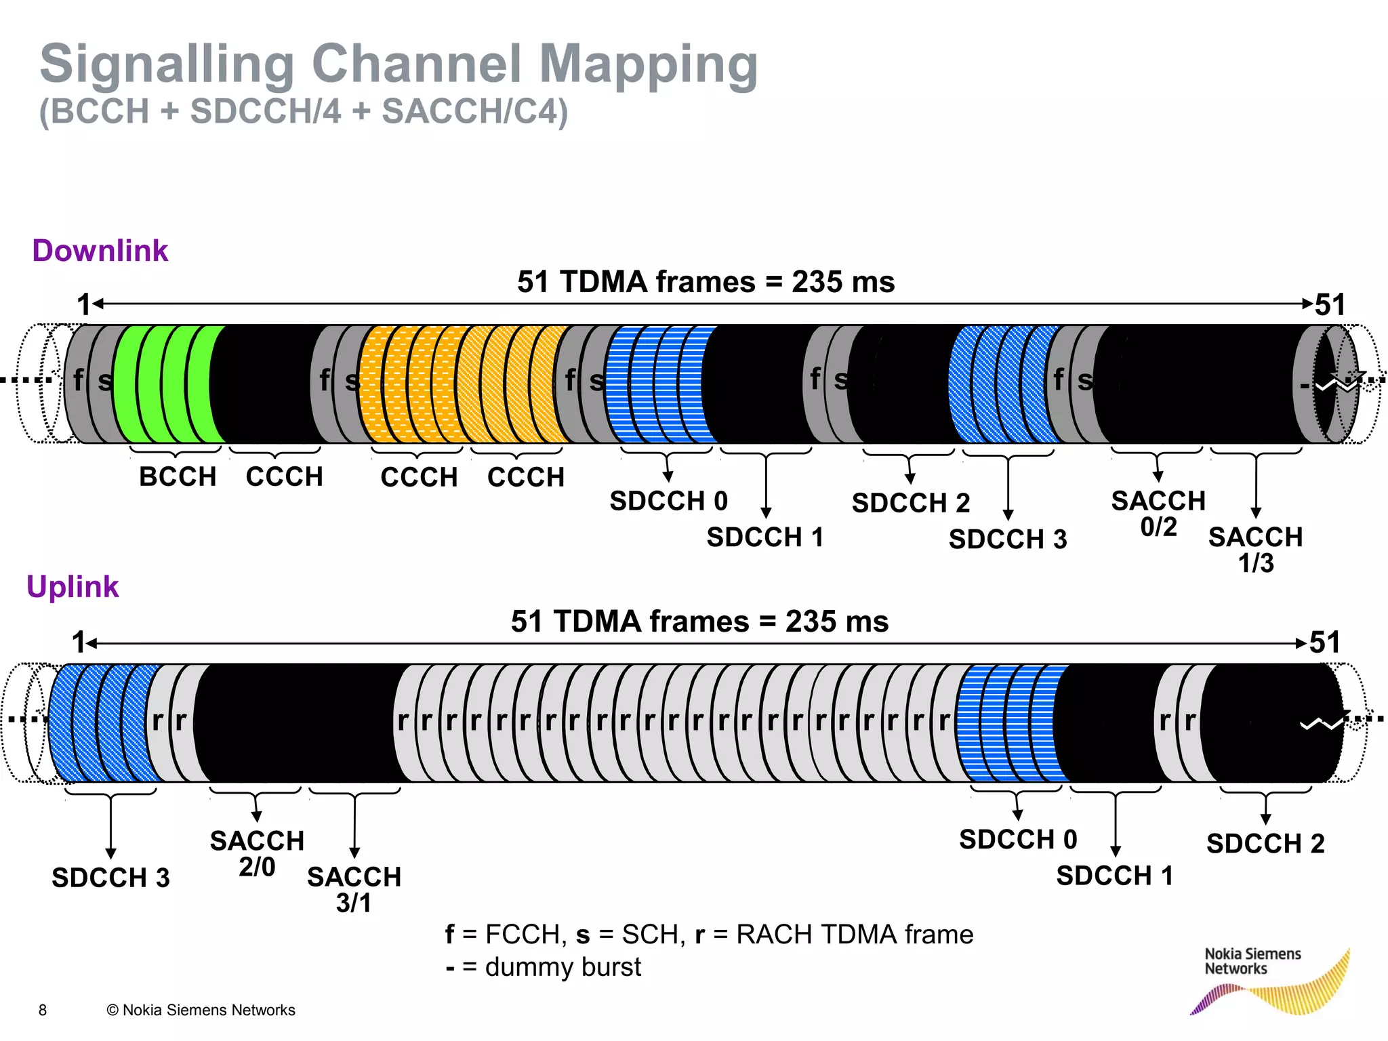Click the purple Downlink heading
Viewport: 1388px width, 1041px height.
pyautogui.click(x=100, y=251)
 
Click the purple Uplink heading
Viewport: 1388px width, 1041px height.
pyautogui.click(x=73, y=587)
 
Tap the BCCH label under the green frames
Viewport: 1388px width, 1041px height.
pyautogui.click(x=178, y=476)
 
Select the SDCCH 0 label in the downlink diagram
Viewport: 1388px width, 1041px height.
pyautogui.click(x=668, y=501)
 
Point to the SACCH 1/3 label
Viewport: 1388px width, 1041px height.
pyautogui.click(x=1255, y=549)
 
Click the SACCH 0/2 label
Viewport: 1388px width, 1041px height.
pyautogui.click(x=1158, y=513)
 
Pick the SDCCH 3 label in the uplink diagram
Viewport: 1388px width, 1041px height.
pyautogui.click(x=110, y=878)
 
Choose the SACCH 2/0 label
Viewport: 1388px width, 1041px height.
pyautogui.click(x=257, y=853)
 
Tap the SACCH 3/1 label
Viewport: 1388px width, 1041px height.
pyautogui.click(x=354, y=889)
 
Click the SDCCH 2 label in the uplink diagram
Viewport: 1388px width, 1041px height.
pyautogui.click(x=1265, y=844)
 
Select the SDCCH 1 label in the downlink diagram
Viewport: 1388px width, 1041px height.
pyautogui.click(x=765, y=537)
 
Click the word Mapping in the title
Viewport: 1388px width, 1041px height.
pyautogui.click(x=648, y=64)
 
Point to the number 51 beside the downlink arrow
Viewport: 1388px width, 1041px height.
pyautogui.click(x=1330, y=305)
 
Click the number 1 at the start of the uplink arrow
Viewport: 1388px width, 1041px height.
pyautogui.click(x=79, y=642)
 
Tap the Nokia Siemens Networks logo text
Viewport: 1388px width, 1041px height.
pyautogui.click(x=1252, y=961)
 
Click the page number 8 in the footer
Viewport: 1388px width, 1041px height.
pyautogui.click(x=43, y=1010)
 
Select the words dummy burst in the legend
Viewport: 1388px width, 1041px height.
pyautogui.click(x=563, y=967)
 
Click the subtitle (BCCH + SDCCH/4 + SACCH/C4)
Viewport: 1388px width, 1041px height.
pyautogui.click(x=304, y=112)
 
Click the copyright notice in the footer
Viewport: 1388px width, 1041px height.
pyautogui.click(x=201, y=1010)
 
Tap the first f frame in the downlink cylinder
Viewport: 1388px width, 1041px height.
pyautogui.click(x=78, y=380)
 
